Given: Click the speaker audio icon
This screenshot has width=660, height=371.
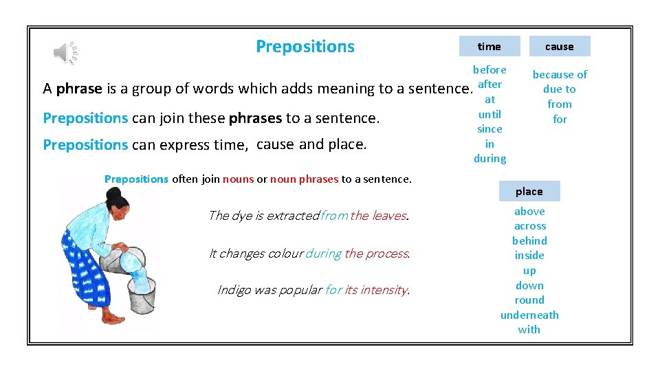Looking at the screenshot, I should pyautogui.click(x=66, y=52).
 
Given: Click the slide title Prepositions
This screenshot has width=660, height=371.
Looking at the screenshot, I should pyautogui.click(x=305, y=47).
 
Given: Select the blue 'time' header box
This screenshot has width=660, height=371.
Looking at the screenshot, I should pyautogui.click(x=489, y=47).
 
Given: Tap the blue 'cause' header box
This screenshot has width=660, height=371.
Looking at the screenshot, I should pyautogui.click(x=559, y=47).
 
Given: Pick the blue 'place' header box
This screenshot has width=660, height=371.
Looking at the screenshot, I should pyautogui.click(x=529, y=192).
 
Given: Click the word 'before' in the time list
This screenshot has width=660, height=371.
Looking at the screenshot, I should pyautogui.click(x=489, y=69).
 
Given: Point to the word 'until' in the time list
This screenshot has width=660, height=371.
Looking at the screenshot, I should pyautogui.click(x=489, y=114).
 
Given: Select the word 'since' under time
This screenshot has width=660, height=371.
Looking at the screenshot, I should pyautogui.click(x=489, y=129).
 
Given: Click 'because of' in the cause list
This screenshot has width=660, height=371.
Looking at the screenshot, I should pyautogui.click(x=560, y=74).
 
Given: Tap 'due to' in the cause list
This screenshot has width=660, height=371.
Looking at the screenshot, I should pyautogui.click(x=560, y=89).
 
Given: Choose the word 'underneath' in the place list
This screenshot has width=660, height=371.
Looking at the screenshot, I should pyautogui.click(x=529, y=315).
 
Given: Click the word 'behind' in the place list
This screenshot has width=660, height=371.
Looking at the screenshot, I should pyautogui.click(x=529, y=241).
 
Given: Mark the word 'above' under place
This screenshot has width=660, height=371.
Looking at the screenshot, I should pyautogui.click(x=529, y=212).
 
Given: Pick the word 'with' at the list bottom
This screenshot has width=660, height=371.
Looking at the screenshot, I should pyautogui.click(x=529, y=330).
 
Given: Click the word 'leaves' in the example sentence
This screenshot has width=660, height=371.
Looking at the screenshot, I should pyautogui.click(x=389, y=216).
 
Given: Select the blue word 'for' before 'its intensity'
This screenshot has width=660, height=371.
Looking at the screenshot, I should pyautogui.click(x=333, y=290).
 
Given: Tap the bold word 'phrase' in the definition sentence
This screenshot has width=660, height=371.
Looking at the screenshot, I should pyautogui.click(x=79, y=89).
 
